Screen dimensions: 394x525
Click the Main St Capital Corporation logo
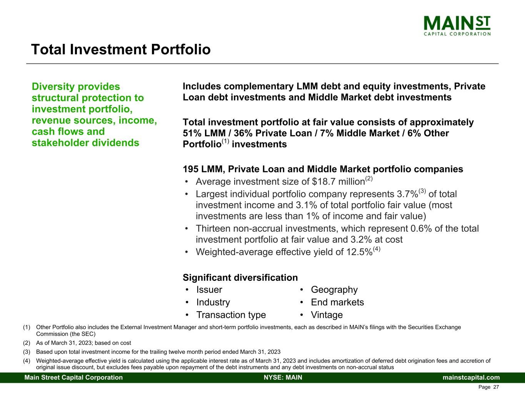(457, 25)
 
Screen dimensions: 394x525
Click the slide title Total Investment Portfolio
(121, 50)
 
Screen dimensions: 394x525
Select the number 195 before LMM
(190, 169)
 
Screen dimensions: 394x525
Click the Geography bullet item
(334, 290)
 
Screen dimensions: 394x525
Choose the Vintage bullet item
(327, 315)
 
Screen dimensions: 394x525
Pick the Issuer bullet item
(209, 290)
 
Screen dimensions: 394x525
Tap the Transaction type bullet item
(231, 315)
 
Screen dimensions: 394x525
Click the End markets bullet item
(337, 302)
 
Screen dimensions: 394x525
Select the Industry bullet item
(213, 302)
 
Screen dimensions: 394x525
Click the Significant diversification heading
(240, 278)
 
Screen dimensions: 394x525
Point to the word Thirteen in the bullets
(214, 229)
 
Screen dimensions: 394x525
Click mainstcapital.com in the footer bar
(471, 377)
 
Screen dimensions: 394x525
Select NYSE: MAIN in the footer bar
(283, 377)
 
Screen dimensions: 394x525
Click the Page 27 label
(488, 387)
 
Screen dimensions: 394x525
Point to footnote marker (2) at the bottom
(27, 343)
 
